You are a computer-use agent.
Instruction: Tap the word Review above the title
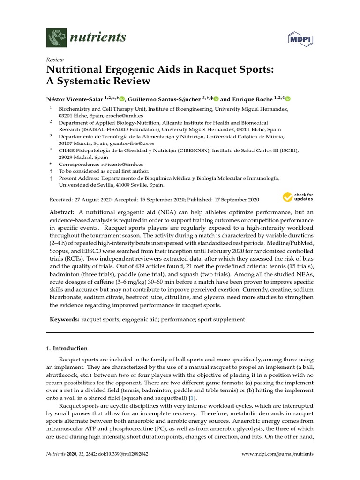tap(54, 60)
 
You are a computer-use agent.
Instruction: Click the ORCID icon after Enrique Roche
tap(288, 99)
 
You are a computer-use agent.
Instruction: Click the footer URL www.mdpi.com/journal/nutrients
tap(277, 454)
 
